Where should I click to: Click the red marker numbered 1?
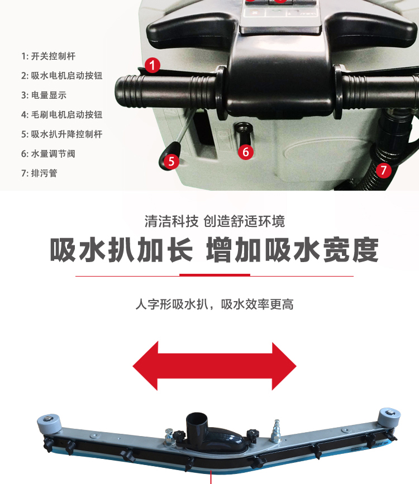[x=152, y=65]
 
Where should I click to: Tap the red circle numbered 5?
[x=172, y=162]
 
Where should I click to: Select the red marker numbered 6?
[x=246, y=152]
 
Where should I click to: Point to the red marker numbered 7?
[x=383, y=170]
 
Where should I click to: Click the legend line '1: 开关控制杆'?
[x=48, y=56]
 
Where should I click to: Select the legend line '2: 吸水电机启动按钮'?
[x=62, y=76]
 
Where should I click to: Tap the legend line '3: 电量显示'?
[x=44, y=95]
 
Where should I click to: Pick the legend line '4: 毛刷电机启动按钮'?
[x=62, y=114]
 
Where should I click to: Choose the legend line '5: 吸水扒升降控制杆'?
[x=62, y=134]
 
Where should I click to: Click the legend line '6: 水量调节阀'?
[x=48, y=154]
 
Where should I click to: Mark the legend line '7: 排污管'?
[x=39, y=173]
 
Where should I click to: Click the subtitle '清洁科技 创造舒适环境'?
[x=215, y=221]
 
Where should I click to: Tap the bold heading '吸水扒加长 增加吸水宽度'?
[x=215, y=250]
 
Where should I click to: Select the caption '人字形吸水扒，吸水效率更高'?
[x=215, y=304]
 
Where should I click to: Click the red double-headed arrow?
[x=215, y=366]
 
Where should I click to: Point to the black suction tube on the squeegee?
[x=197, y=424]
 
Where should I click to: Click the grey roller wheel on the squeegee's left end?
[x=49, y=424]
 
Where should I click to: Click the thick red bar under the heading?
[x=215, y=275]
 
